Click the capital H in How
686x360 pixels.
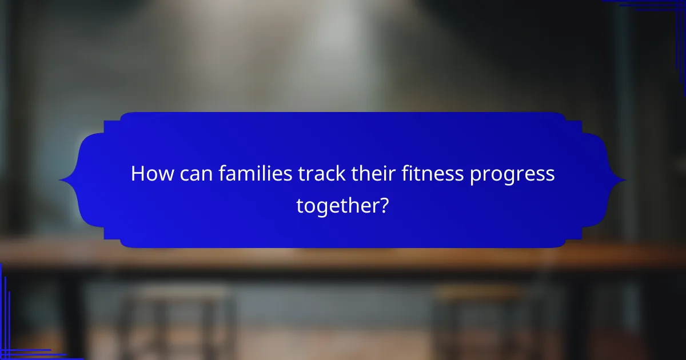pyautogui.click(x=138, y=174)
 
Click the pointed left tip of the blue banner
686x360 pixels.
pyautogui.click(x=61, y=181)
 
